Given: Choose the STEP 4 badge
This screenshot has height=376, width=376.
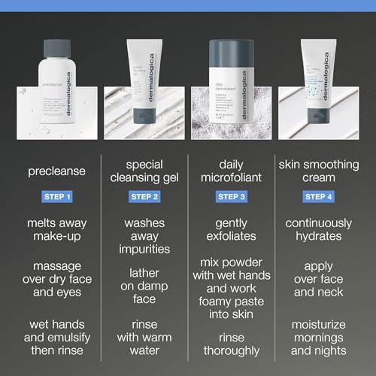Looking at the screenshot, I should click(x=319, y=197).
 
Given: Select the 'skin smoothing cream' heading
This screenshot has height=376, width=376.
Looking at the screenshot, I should click(x=319, y=171).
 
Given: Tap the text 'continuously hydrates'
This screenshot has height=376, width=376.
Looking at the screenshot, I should click(x=319, y=230).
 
